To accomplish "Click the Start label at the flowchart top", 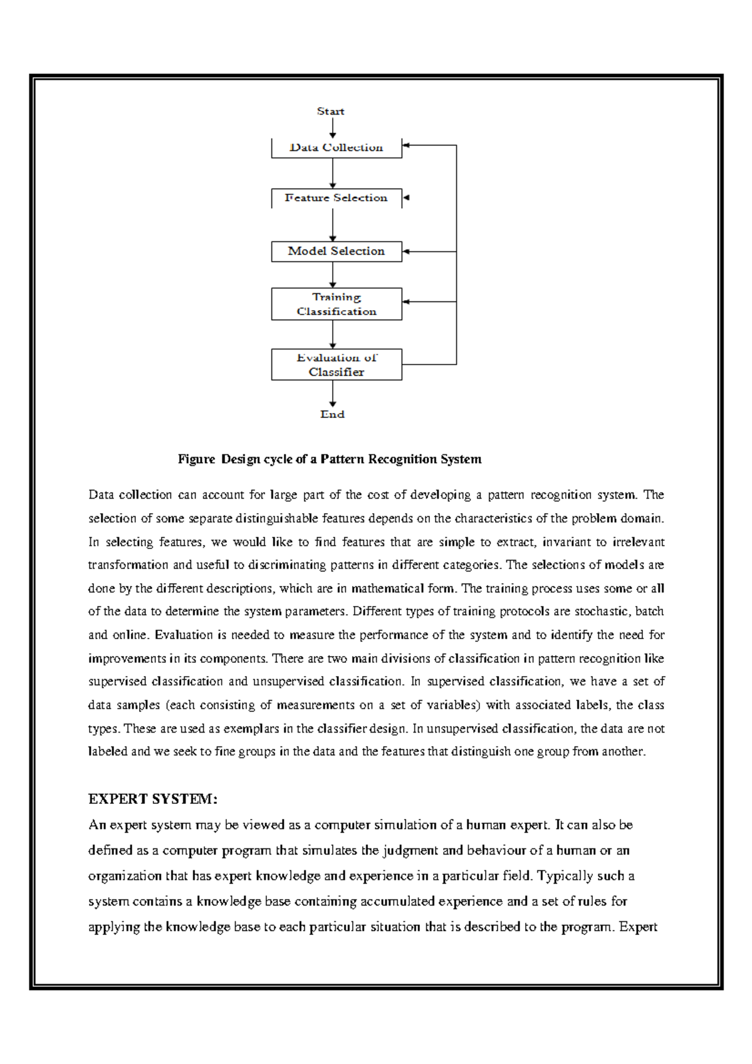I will click(x=330, y=111).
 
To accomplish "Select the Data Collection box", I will click(x=337, y=148).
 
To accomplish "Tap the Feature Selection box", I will click(x=337, y=198).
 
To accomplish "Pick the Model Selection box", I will click(x=337, y=251).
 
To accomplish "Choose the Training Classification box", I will click(x=337, y=304).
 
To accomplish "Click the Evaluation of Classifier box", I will click(x=337, y=365).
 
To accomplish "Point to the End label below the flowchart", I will click(x=332, y=414).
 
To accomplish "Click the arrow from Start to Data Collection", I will click(x=333, y=128).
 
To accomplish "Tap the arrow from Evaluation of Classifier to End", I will click(x=333, y=394).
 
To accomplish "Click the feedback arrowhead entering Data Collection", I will click(x=406, y=145).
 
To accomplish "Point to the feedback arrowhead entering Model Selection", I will click(x=406, y=251).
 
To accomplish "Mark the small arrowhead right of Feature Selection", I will click(x=406, y=198).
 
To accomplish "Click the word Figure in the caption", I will click(x=196, y=459).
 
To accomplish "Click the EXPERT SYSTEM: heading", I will click(x=153, y=799).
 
